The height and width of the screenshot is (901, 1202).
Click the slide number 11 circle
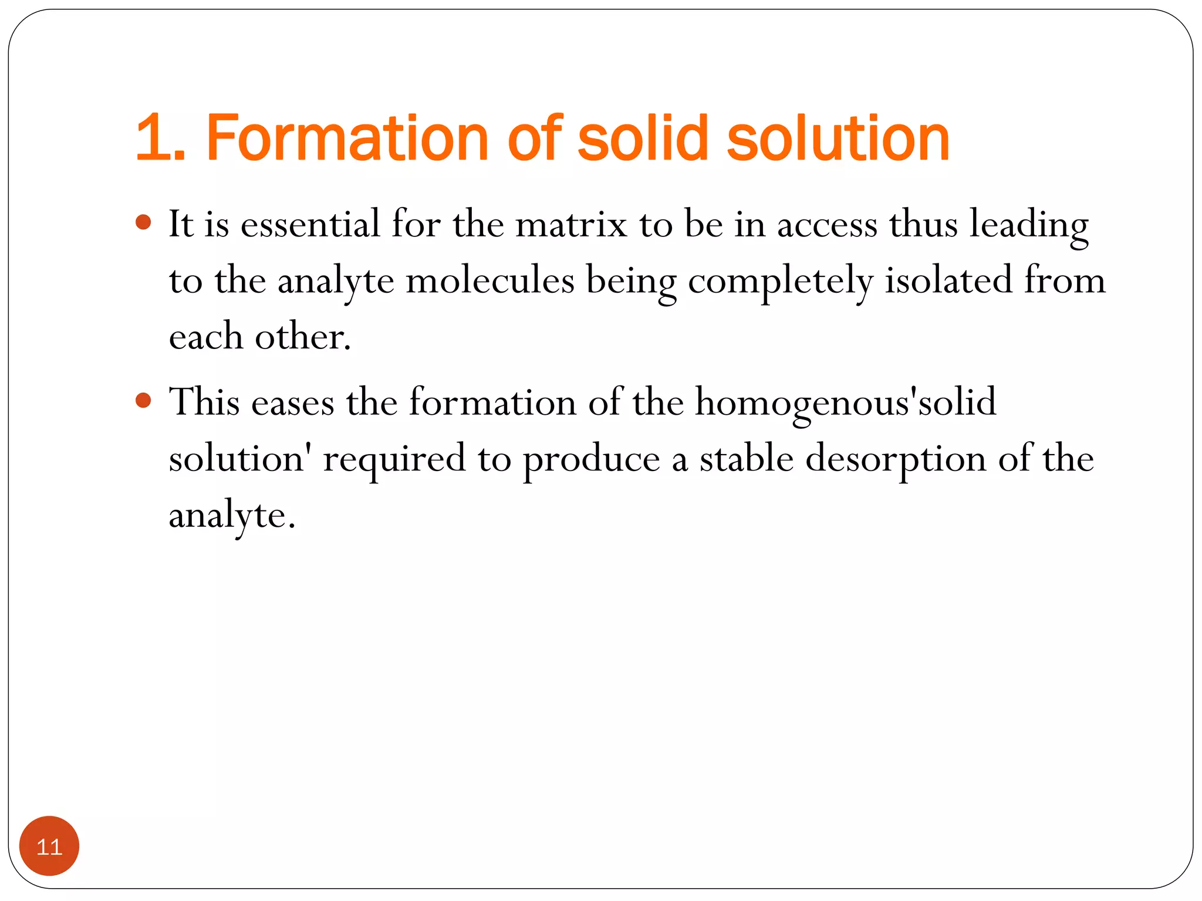point(49,846)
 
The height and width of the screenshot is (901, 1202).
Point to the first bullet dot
point(143,222)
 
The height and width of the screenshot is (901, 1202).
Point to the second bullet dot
point(143,401)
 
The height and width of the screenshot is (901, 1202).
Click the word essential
point(310,224)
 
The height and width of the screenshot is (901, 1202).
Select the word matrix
point(571,224)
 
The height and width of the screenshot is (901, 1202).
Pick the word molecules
point(489,280)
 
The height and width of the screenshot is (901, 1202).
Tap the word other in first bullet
point(302,337)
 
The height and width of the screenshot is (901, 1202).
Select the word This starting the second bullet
point(204,402)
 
